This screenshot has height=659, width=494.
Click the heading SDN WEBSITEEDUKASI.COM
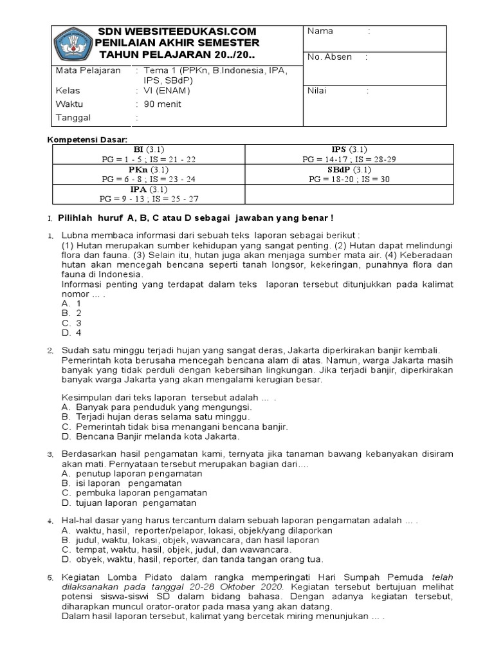[176, 32]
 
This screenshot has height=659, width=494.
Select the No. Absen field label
[330, 57]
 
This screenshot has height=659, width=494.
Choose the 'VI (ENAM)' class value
[167, 91]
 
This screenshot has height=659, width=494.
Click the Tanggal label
[74, 117]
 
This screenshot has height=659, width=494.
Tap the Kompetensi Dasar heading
[89, 140]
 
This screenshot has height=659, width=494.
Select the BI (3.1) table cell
[148, 154]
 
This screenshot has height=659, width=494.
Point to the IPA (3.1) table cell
[148, 194]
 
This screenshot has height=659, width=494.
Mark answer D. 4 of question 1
[71, 333]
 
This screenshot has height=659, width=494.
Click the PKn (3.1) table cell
[148, 174]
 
